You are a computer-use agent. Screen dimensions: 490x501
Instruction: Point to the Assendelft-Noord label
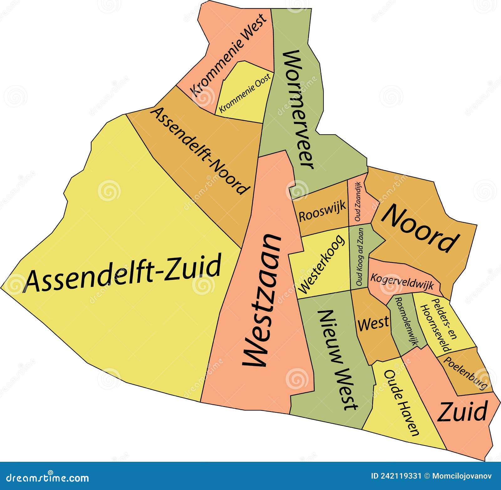click(x=200, y=150)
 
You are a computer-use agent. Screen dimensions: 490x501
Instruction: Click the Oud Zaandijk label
click(x=359, y=202)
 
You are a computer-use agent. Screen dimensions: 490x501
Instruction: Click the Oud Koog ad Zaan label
click(x=360, y=257)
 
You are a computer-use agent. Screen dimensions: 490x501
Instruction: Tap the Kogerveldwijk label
click(x=402, y=282)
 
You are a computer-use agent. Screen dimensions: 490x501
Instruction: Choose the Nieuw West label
click(x=338, y=360)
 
